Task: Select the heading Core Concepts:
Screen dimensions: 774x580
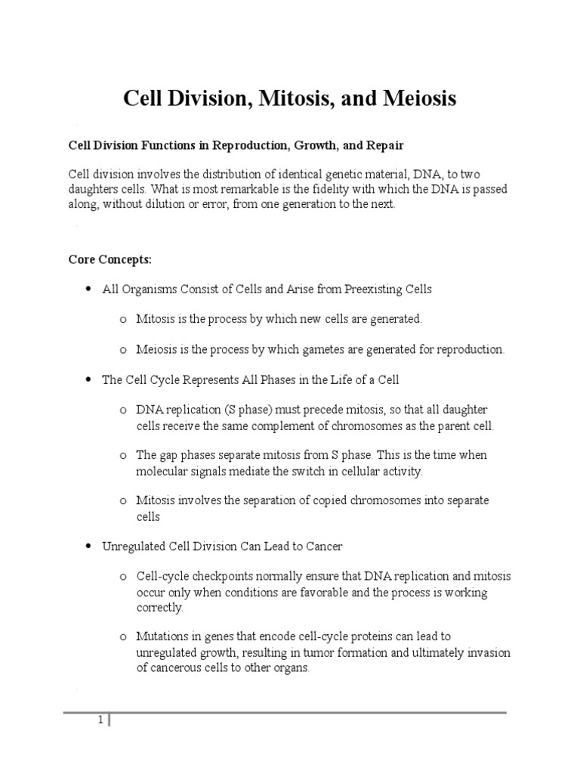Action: pyautogui.click(x=110, y=260)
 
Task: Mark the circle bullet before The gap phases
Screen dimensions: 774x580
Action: pyautogui.click(x=122, y=456)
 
